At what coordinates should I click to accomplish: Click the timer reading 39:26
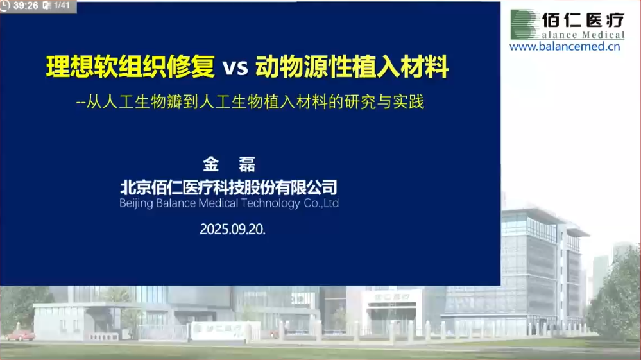(x=26, y=6)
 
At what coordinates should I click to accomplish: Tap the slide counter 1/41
(x=62, y=6)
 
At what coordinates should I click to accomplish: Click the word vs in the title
(x=235, y=67)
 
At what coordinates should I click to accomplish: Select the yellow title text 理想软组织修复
(x=130, y=66)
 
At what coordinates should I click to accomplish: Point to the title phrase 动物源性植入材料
(x=352, y=66)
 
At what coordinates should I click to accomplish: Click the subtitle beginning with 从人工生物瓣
(x=250, y=102)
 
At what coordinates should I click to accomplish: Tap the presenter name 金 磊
(x=229, y=164)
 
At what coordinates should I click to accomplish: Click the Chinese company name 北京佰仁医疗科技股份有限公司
(x=228, y=187)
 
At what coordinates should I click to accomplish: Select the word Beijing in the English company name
(x=136, y=203)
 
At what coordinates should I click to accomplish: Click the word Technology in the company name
(x=270, y=203)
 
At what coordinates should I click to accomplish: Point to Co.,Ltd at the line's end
(x=321, y=203)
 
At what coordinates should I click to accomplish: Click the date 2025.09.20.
(x=232, y=229)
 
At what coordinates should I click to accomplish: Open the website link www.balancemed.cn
(x=565, y=46)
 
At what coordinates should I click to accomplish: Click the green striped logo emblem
(x=524, y=24)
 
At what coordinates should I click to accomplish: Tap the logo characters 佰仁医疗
(x=583, y=20)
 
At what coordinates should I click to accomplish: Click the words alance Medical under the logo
(x=583, y=35)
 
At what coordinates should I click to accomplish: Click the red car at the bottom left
(x=21, y=336)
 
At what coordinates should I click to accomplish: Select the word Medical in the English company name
(x=218, y=203)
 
